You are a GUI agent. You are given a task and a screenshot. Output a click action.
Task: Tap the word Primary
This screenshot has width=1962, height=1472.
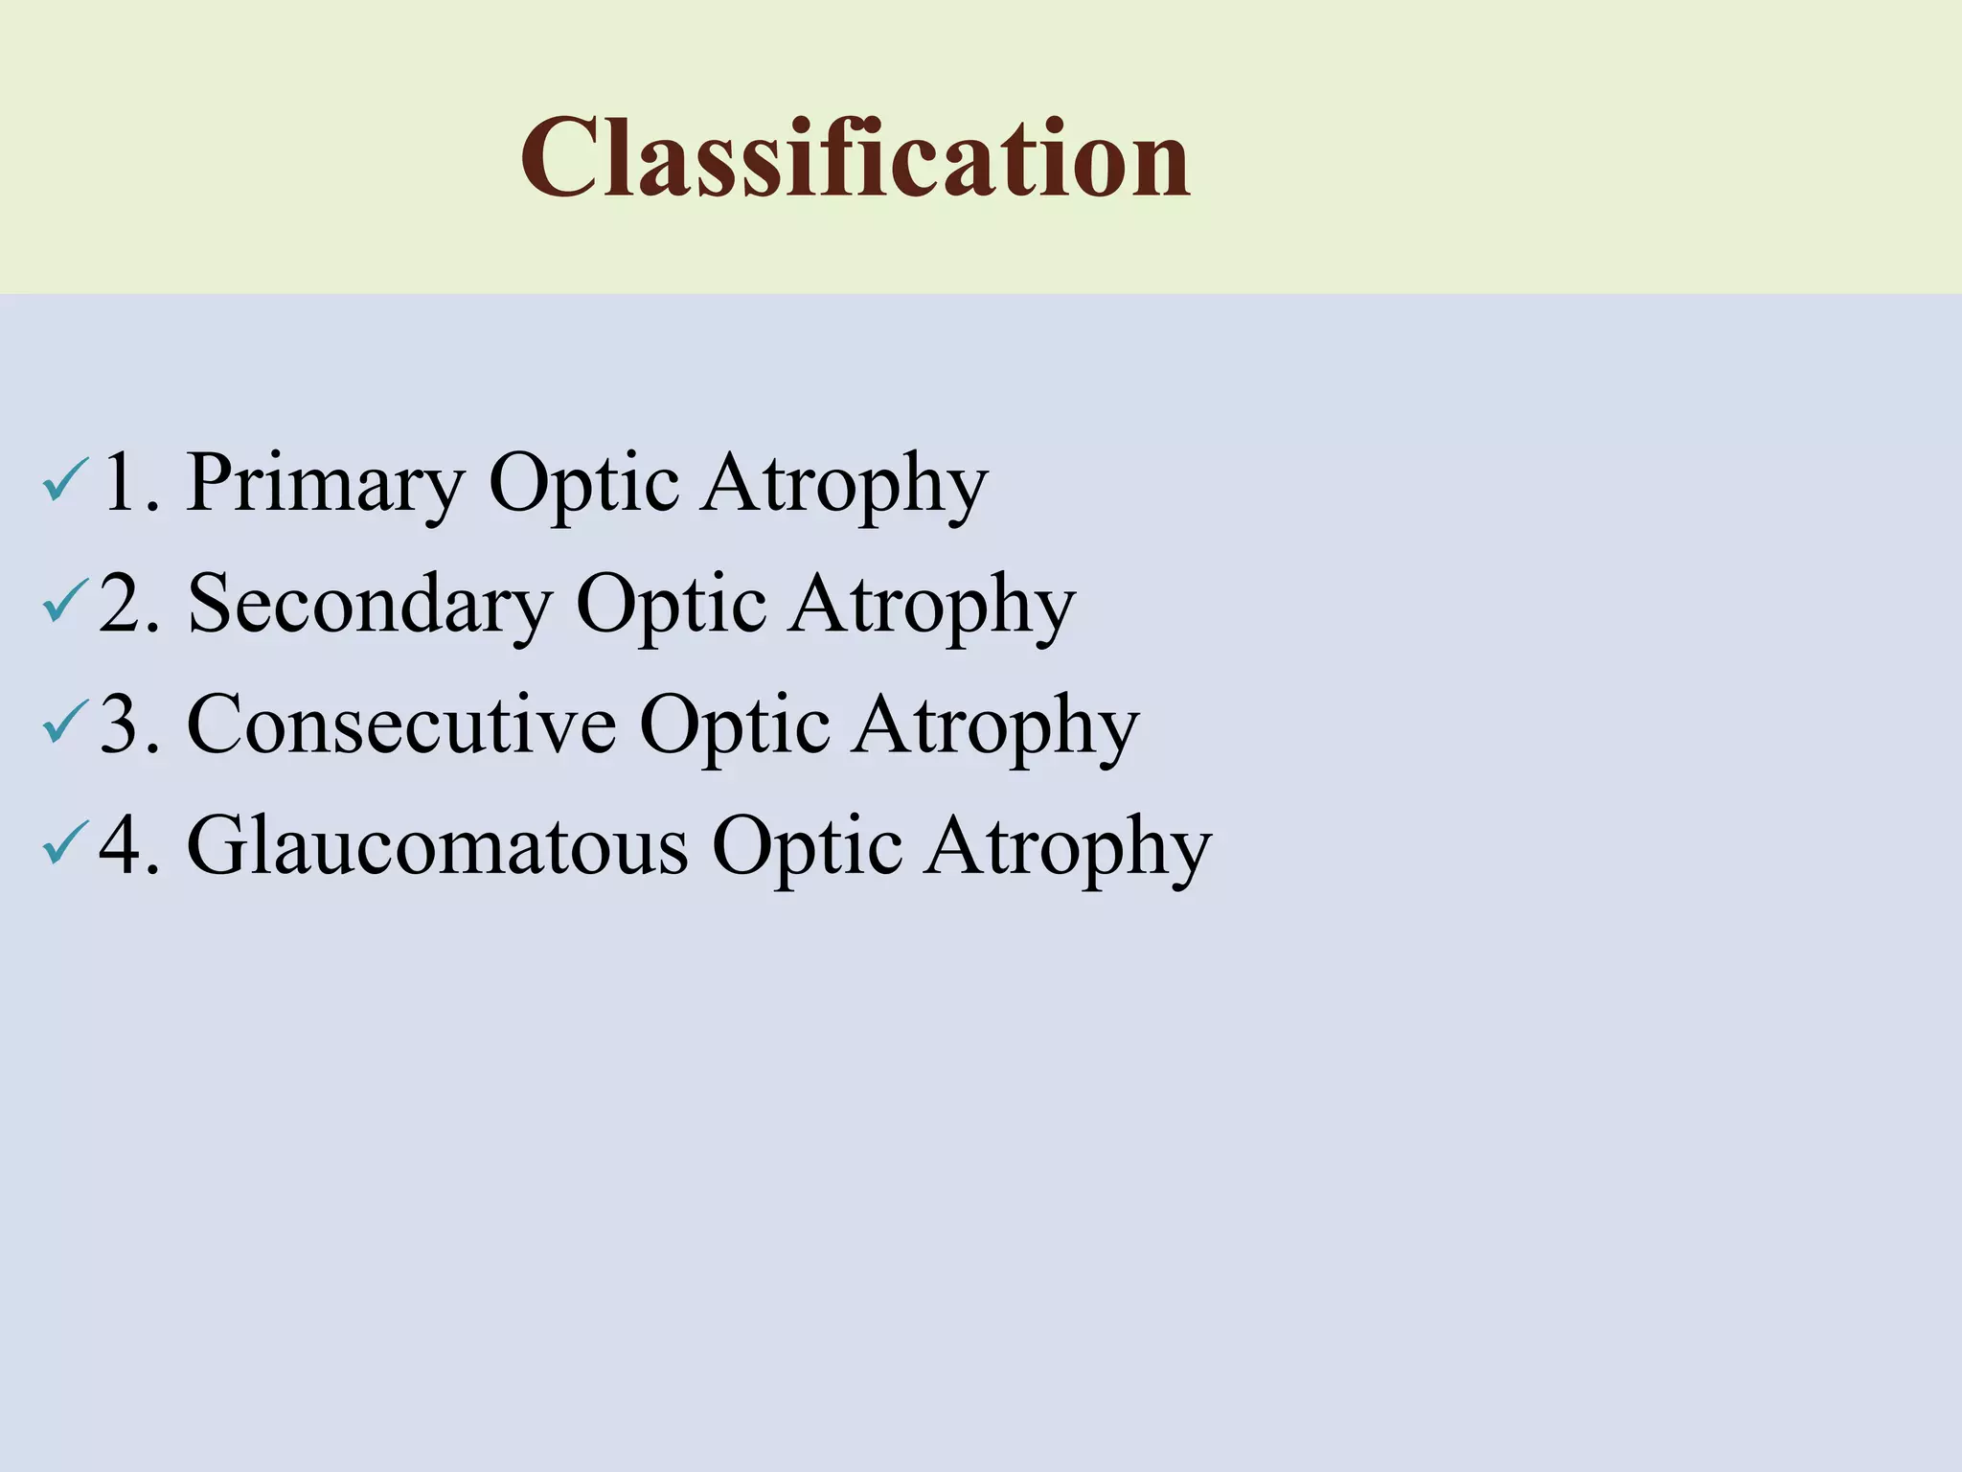coord(326,484)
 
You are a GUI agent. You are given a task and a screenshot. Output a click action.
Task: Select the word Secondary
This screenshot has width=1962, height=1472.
coord(370,605)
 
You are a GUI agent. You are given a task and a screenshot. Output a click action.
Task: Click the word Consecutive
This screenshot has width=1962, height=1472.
coord(401,724)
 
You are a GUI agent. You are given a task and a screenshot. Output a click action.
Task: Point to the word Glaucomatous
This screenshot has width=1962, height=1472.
coord(437,846)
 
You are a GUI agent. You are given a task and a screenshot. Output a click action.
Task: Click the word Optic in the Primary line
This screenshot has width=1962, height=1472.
coord(584,484)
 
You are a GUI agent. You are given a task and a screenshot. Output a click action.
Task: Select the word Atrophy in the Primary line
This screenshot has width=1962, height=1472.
coord(843,484)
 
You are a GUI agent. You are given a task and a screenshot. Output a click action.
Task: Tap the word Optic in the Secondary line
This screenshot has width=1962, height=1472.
coord(672,605)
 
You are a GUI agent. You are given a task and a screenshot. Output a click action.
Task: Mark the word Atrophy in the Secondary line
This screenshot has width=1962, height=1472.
coord(931,605)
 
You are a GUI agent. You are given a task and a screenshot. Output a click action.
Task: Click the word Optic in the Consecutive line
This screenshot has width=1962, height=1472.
coord(735,725)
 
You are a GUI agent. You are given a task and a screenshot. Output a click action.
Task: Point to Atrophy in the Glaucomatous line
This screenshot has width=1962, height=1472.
coord(1067,846)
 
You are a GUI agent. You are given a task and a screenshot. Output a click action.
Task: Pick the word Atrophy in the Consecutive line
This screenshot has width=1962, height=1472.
coord(995,725)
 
